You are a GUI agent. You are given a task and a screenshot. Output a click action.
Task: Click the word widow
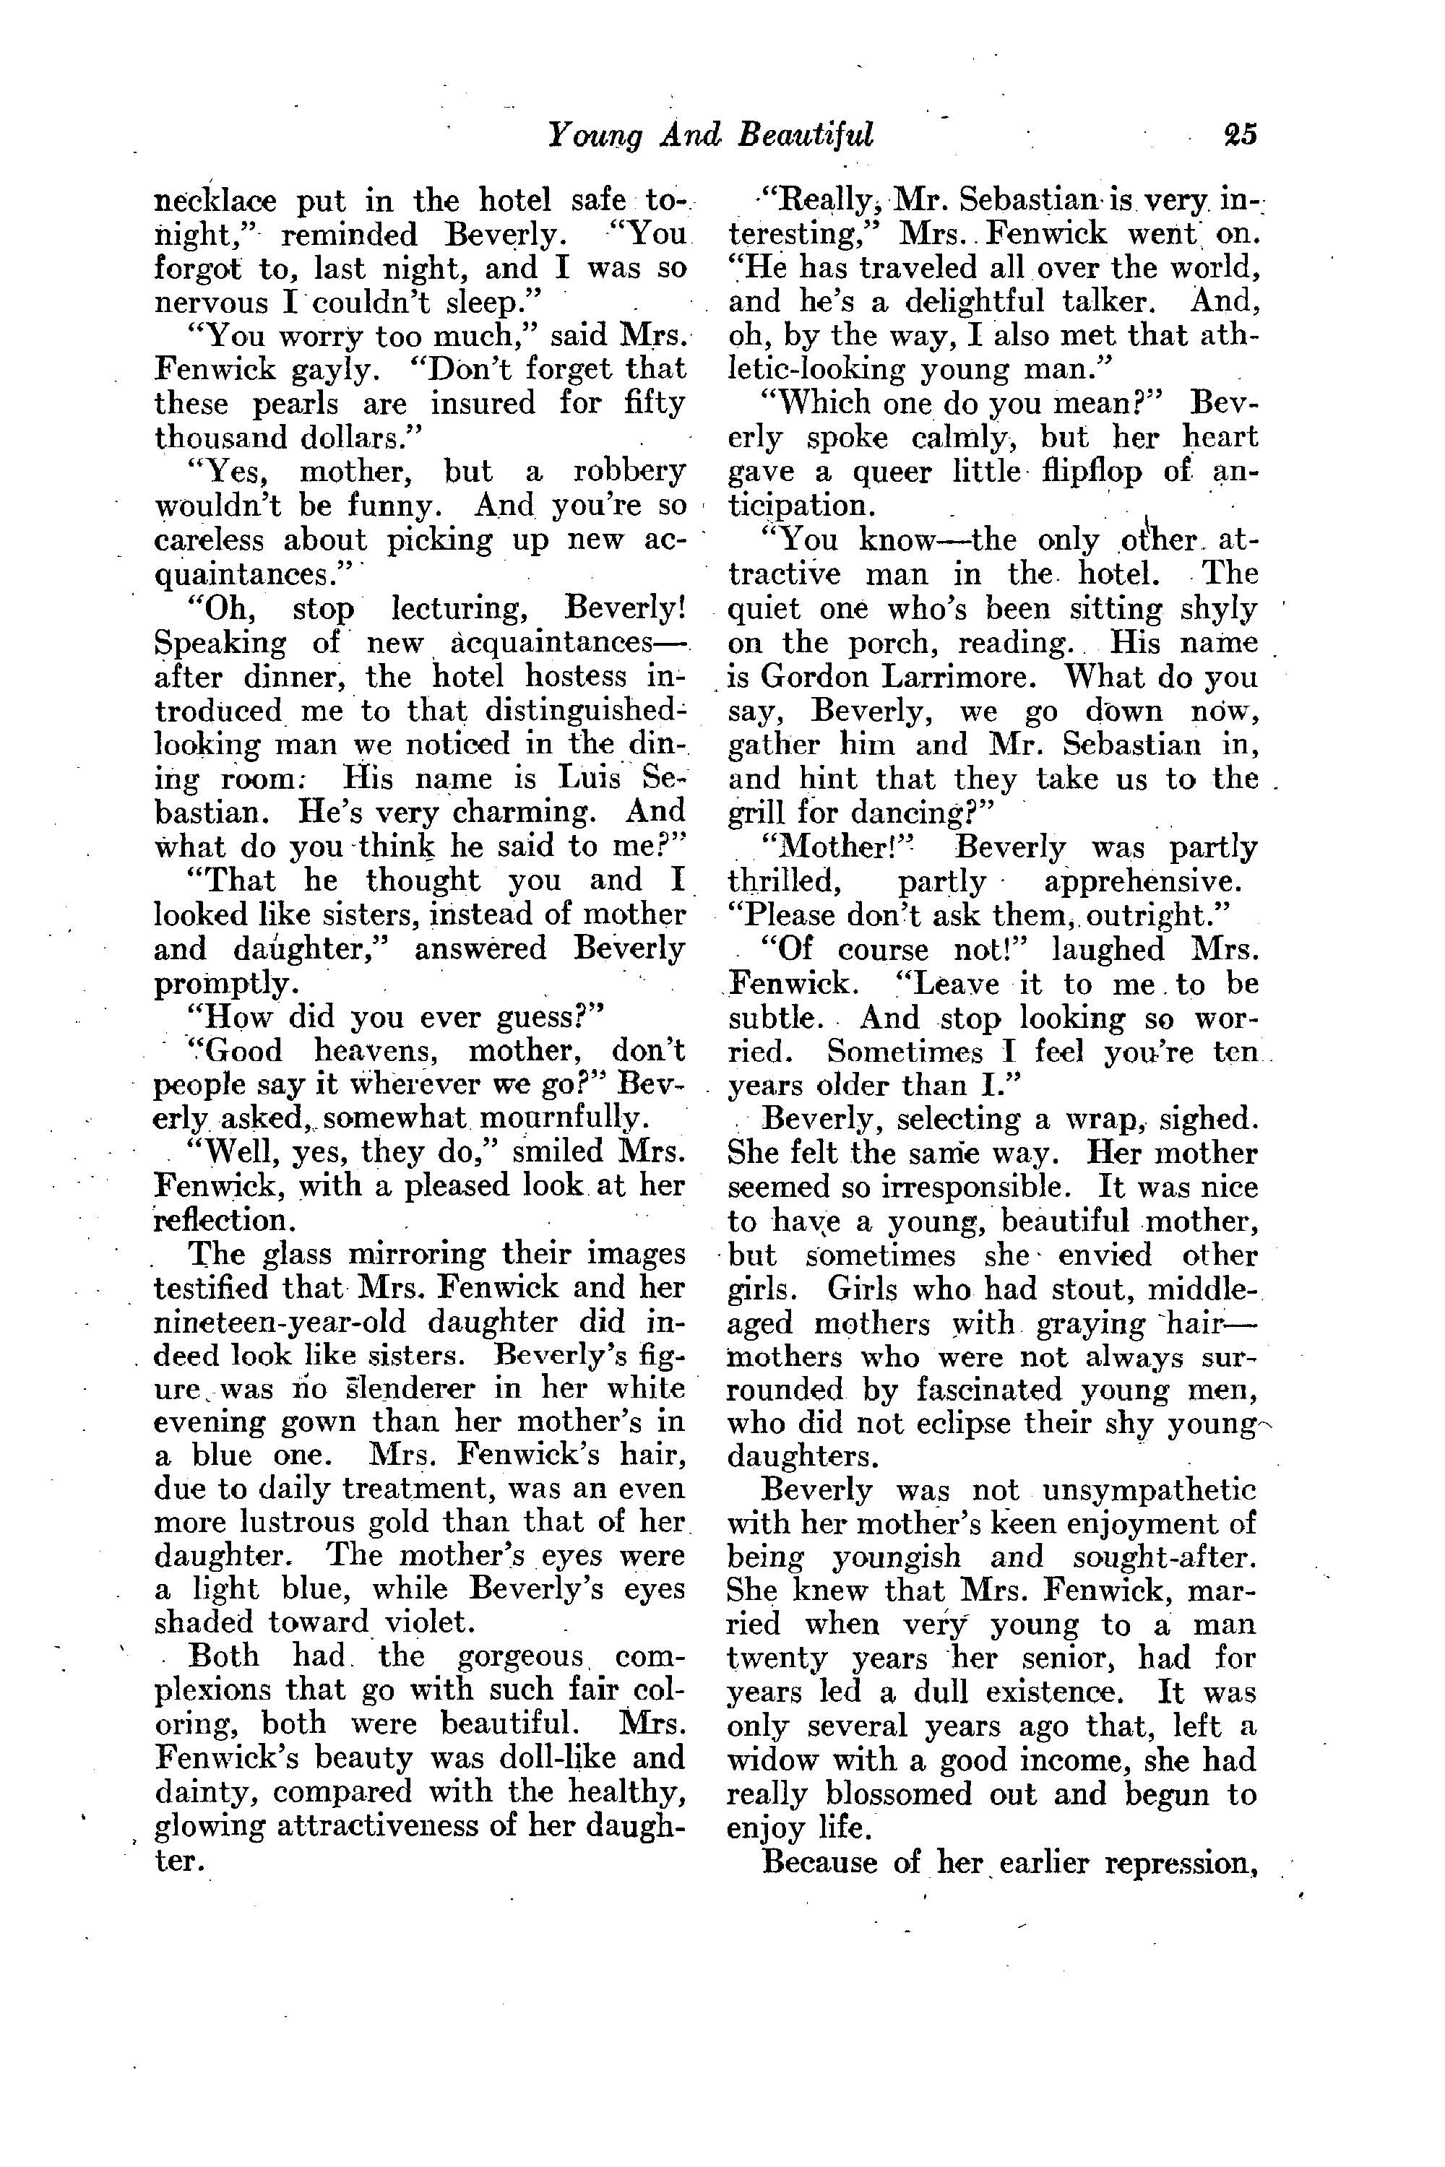pos(764,1760)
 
